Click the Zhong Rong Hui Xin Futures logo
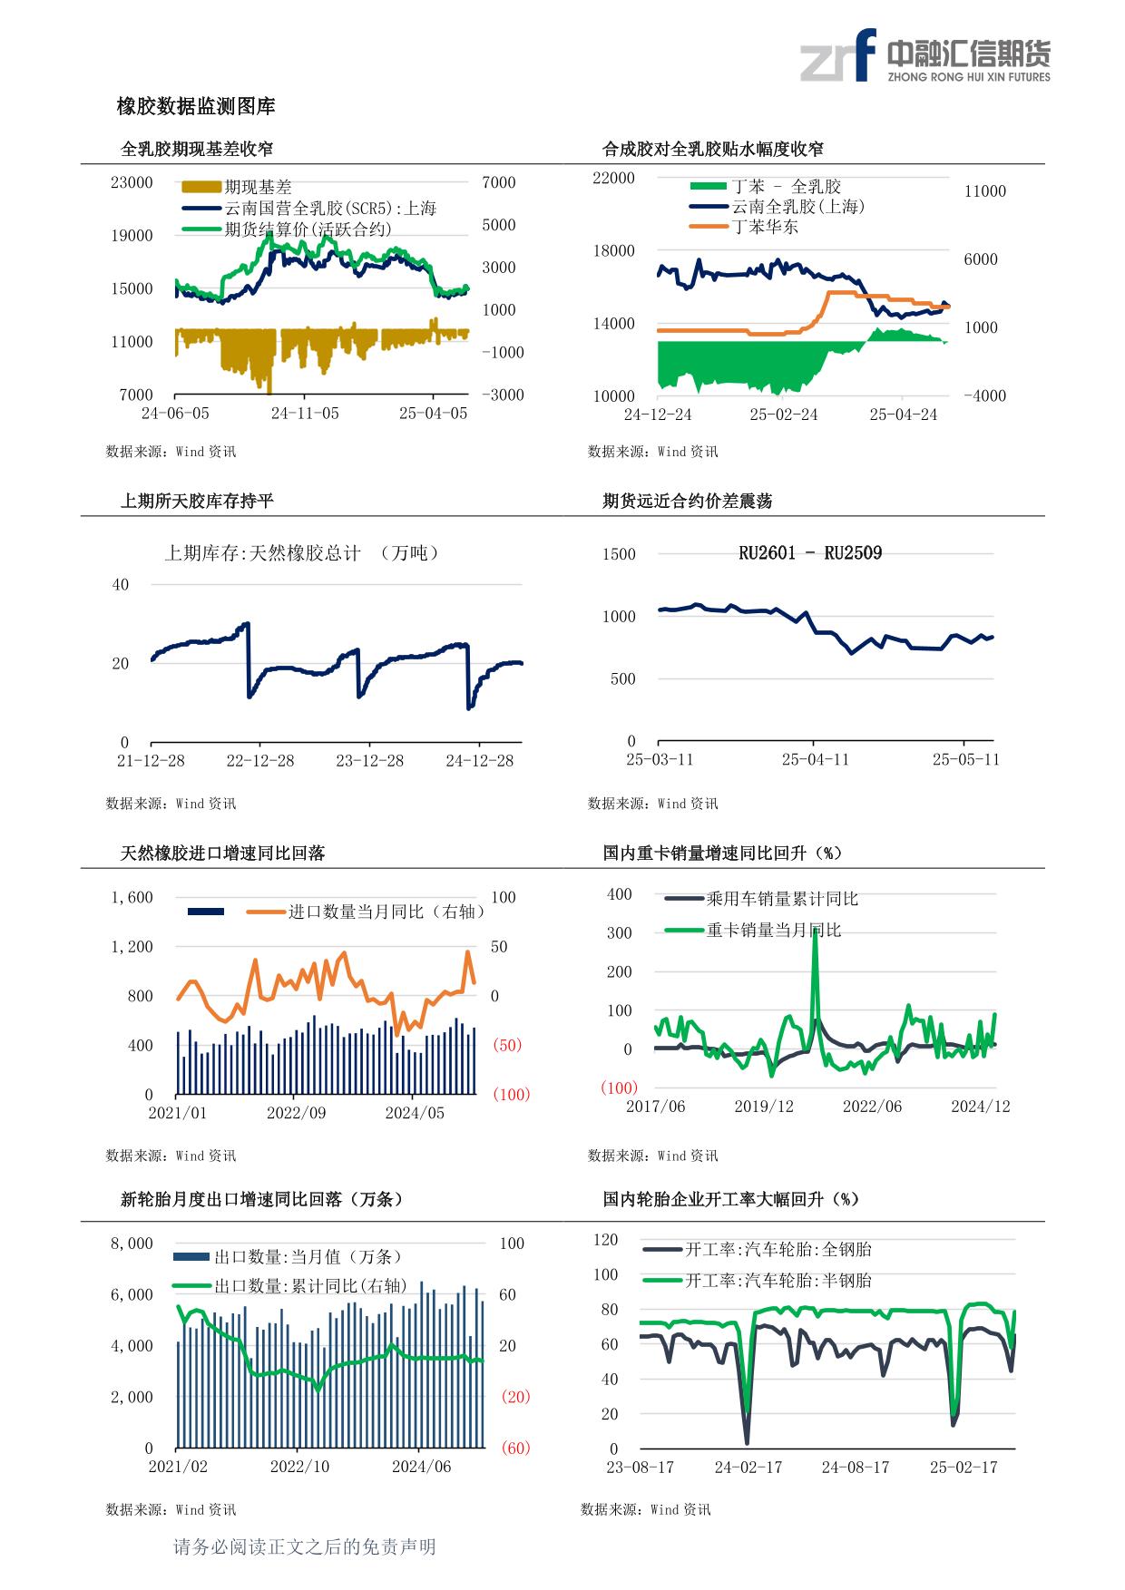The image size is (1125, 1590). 924,56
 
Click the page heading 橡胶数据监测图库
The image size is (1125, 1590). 196,107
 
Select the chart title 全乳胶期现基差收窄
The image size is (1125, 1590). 197,149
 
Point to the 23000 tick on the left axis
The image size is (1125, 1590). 132,182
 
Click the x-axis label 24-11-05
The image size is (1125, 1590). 305,414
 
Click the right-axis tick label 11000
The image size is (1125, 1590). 985,191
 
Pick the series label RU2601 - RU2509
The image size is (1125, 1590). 810,553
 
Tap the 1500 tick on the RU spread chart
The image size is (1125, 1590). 619,554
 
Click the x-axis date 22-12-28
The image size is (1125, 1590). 260,760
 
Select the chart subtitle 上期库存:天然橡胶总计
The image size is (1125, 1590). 262,553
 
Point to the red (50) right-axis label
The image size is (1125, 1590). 507,1045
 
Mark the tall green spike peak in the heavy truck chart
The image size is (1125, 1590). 815,930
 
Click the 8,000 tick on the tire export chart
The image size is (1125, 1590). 132,1244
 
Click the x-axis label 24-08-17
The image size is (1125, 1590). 856,1467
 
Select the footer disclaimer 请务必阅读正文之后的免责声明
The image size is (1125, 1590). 305,1546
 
